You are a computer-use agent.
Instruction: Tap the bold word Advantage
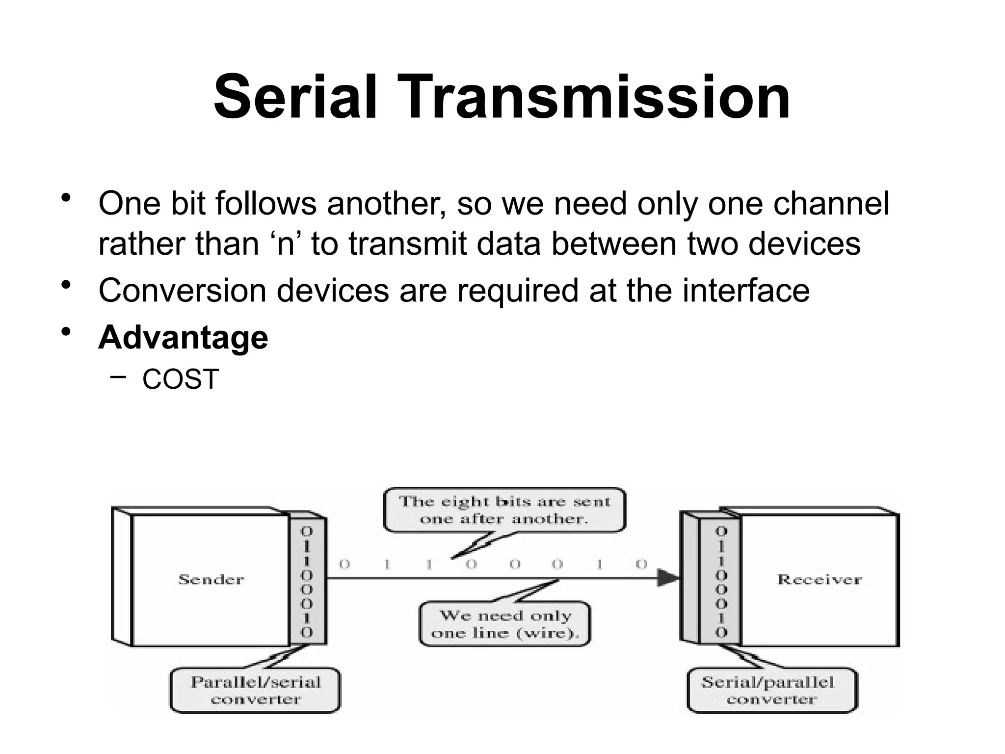coord(183,338)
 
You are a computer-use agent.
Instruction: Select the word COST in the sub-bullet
coord(180,379)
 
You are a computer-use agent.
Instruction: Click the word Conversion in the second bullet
coord(182,290)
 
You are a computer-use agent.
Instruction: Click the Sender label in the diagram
coord(211,580)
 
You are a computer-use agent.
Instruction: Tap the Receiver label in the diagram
coord(819,580)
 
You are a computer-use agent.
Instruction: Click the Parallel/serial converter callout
coord(255,690)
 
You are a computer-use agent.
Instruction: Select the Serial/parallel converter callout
coord(771,690)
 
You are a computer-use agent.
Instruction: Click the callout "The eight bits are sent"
coord(504,510)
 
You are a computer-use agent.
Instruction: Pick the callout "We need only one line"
coord(505,623)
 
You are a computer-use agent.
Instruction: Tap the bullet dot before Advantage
coord(66,331)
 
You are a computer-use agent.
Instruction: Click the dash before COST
coord(118,377)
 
